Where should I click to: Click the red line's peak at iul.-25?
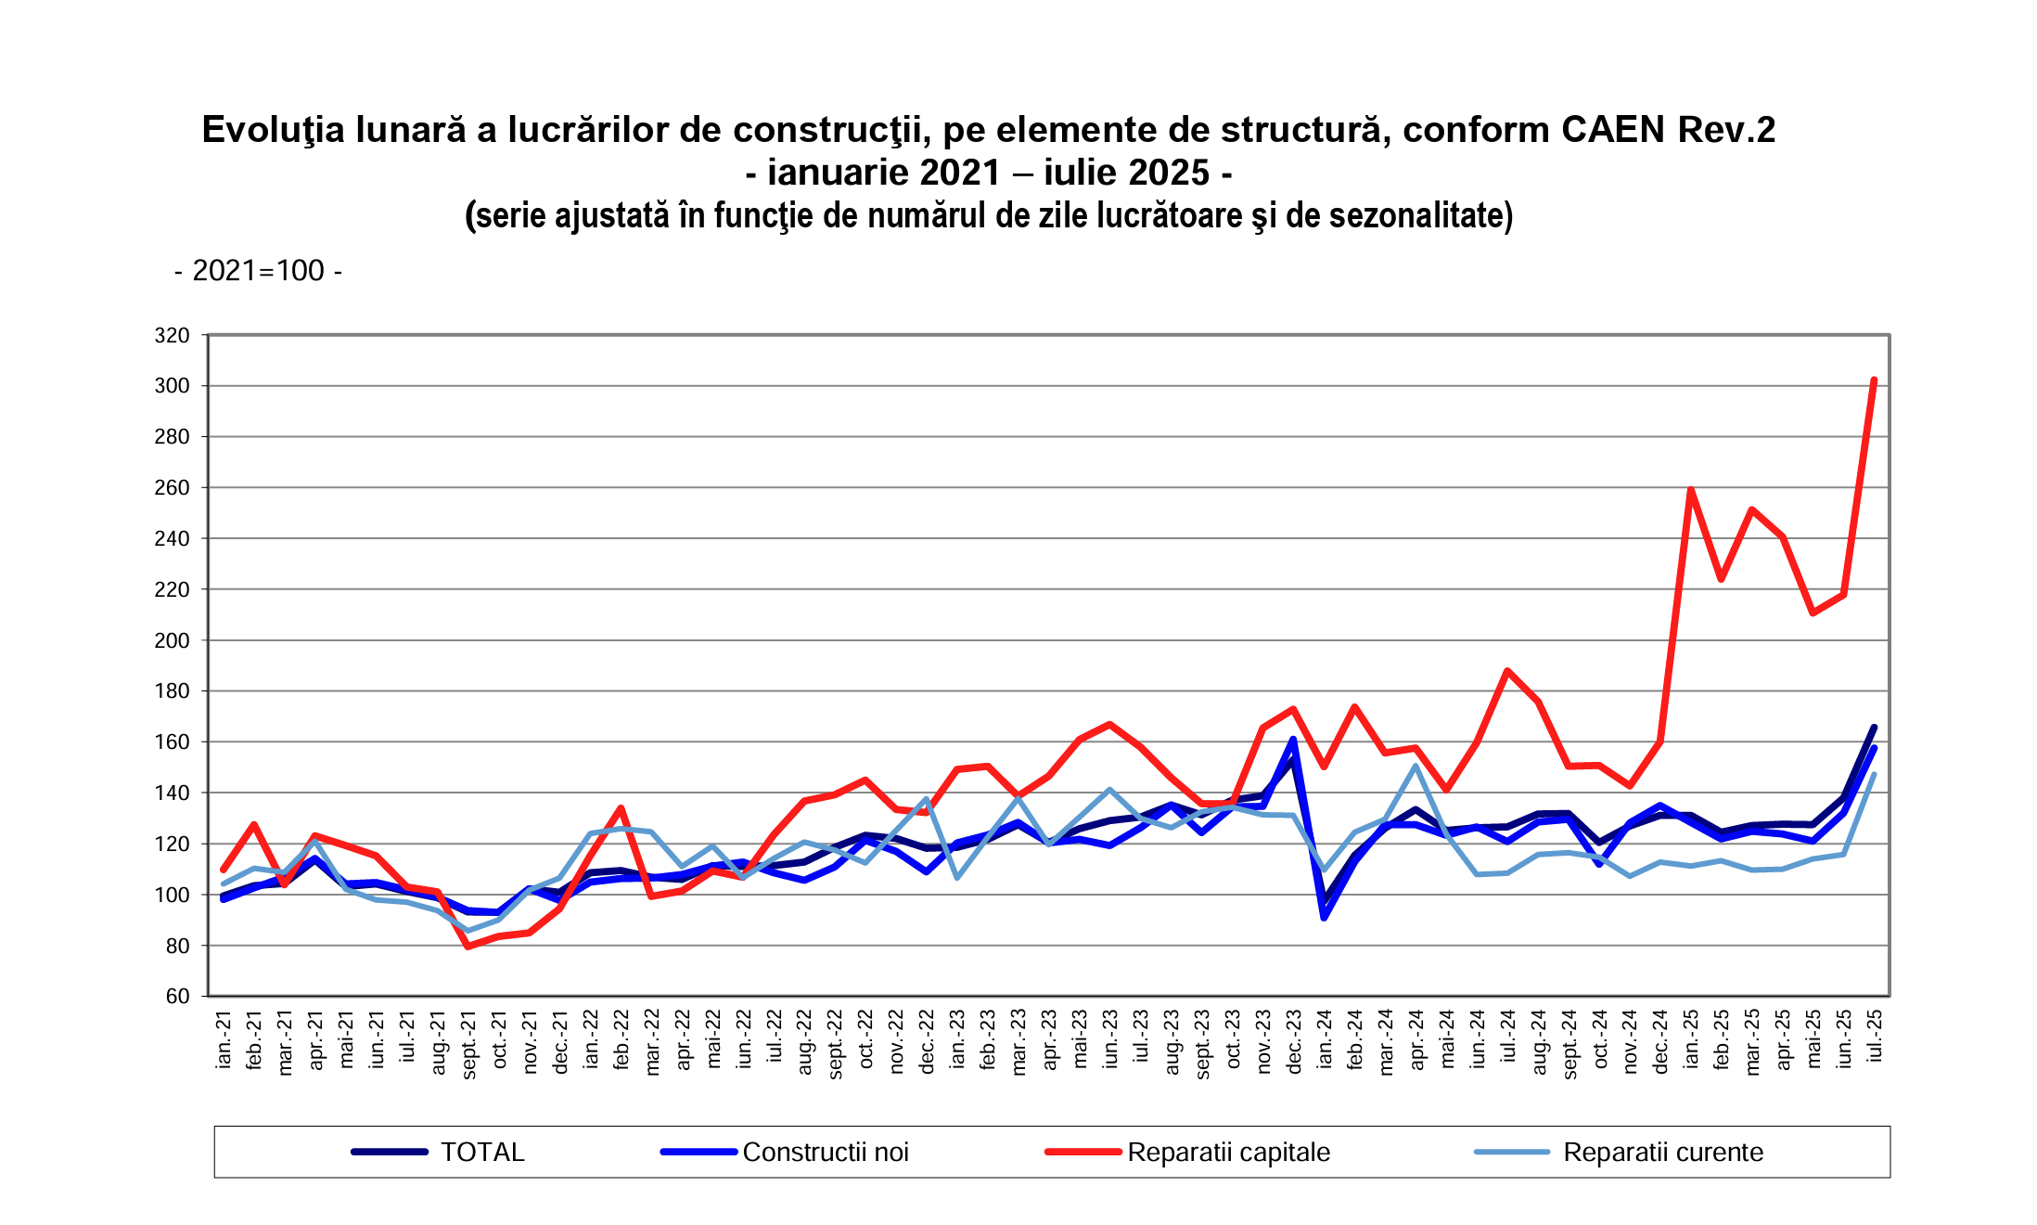pyautogui.click(x=1874, y=380)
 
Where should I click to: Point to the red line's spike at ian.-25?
pyautogui.click(x=1691, y=489)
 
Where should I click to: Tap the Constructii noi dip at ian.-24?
pyautogui.click(x=1324, y=918)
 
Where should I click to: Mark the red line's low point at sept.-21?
pyautogui.click(x=468, y=946)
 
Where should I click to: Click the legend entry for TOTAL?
pyautogui.click(x=482, y=1152)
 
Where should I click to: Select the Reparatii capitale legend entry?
pyautogui.click(x=1228, y=1152)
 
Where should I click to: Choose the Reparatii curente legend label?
pyautogui.click(x=1662, y=1152)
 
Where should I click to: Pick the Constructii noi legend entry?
pyautogui.click(x=825, y=1152)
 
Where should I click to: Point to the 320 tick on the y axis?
pyautogui.click(x=172, y=335)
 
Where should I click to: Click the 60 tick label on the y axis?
pyautogui.click(x=177, y=996)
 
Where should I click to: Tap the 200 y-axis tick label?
pyautogui.click(x=172, y=640)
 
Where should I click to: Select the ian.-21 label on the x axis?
pyautogui.click(x=224, y=1039)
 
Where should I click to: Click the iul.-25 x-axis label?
pyautogui.click(x=1875, y=1036)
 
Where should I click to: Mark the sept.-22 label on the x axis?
pyautogui.click(x=836, y=1044)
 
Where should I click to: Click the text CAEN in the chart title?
pyautogui.click(x=1612, y=130)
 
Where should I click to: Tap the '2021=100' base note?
pyautogui.click(x=258, y=271)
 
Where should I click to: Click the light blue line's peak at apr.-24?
pyautogui.click(x=1416, y=766)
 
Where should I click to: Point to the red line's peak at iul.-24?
pyautogui.click(x=1507, y=670)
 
